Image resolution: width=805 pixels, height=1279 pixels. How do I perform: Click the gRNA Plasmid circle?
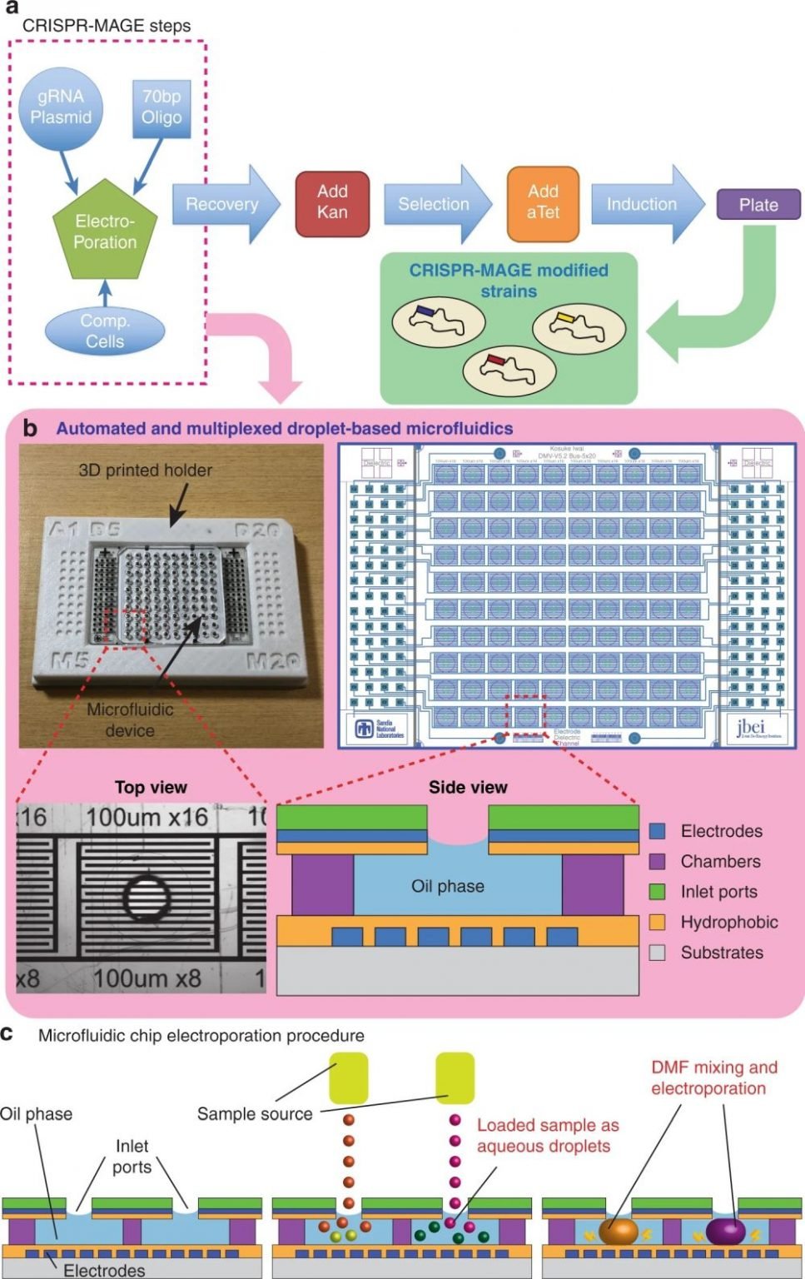(61, 107)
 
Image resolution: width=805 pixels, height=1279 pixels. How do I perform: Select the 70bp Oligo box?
(161, 107)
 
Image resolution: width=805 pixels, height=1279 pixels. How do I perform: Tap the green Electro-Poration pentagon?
(105, 231)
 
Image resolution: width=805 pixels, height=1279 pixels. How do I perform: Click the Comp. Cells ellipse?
(105, 331)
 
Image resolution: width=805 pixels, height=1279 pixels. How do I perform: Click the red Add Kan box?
(332, 202)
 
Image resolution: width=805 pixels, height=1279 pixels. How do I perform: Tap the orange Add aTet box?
(543, 202)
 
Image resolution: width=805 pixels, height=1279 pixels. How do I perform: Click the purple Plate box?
(758, 205)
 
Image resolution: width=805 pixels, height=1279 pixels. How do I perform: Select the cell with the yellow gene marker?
(579, 326)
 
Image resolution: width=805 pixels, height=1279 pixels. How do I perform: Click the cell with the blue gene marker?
(439, 321)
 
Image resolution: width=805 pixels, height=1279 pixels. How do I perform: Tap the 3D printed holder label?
(146, 470)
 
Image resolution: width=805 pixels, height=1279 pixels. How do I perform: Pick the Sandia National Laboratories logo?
(380, 729)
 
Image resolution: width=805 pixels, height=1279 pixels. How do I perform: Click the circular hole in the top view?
(148, 897)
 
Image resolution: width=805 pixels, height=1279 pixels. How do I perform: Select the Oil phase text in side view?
(448, 887)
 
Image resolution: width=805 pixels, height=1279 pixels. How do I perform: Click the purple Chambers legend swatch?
(658, 861)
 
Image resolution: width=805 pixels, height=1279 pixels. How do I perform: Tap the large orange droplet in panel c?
(618, 1231)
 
